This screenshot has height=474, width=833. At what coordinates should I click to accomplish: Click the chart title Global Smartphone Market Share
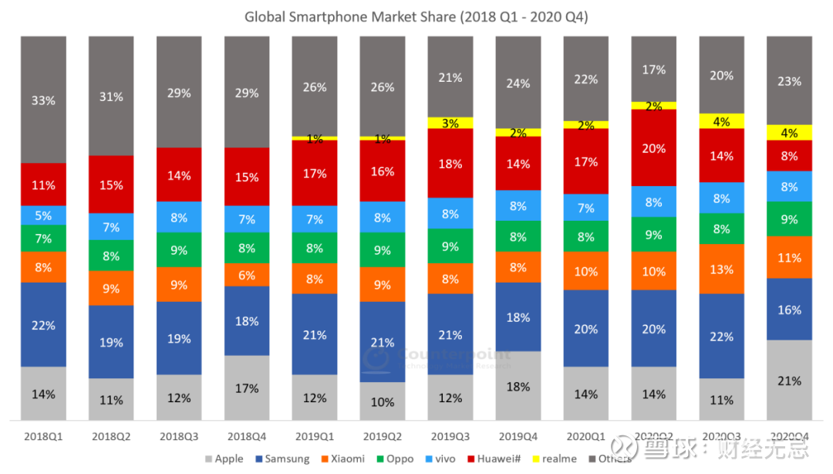pyautogui.click(x=416, y=16)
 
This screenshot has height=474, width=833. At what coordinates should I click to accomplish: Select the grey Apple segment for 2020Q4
pyautogui.click(x=789, y=380)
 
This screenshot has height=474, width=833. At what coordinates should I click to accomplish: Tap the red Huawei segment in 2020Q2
pyautogui.click(x=653, y=147)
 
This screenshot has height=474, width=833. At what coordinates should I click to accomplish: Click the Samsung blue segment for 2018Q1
pyautogui.click(x=44, y=324)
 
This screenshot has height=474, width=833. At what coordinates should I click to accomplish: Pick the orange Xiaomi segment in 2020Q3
pyautogui.click(x=721, y=269)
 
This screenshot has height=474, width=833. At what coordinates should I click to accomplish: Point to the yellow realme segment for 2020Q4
pyautogui.click(x=789, y=132)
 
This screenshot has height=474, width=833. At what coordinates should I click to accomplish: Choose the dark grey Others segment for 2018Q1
pyautogui.click(x=44, y=99)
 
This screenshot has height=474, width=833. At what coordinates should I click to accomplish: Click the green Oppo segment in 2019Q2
pyautogui.click(x=383, y=249)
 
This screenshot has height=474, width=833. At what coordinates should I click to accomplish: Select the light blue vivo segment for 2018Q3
pyautogui.click(x=179, y=218)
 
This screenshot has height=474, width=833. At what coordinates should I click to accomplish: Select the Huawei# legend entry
pyautogui.click(x=494, y=459)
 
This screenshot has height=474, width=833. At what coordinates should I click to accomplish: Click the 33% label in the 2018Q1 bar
pyautogui.click(x=44, y=100)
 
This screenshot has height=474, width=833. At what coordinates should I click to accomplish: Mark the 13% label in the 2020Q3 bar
pyautogui.click(x=721, y=269)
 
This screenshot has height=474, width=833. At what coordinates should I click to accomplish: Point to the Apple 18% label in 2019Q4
pyautogui.click(x=518, y=386)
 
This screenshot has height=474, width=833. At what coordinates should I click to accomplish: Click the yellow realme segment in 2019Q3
pyautogui.click(x=450, y=123)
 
